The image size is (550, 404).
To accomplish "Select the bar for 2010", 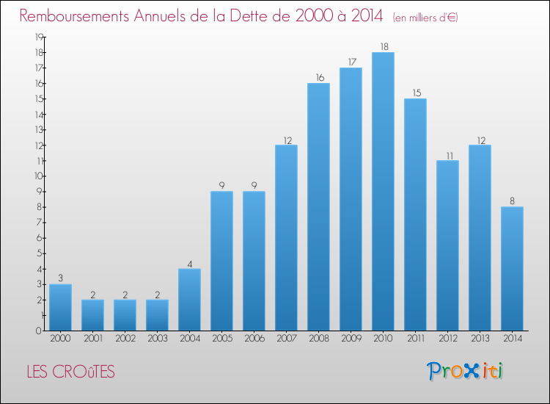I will click(383, 191).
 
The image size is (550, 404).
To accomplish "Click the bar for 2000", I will click(60, 307).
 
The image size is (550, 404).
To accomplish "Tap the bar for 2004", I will click(189, 299).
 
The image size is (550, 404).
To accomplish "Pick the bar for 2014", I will click(512, 268).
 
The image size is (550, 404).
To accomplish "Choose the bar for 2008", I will click(318, 206).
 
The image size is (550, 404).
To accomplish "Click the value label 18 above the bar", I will click(384, 47).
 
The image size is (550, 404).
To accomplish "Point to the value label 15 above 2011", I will click(416, 93).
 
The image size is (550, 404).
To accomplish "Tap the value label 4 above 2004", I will click(189, 263).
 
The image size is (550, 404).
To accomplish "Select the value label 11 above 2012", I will click(447, 155).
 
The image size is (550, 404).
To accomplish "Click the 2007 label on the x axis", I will click(286, 339).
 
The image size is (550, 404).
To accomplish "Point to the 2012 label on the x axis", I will click(447, 339).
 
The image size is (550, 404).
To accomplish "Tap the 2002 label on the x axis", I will click(125, 339).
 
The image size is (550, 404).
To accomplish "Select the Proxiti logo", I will click(465, 371).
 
